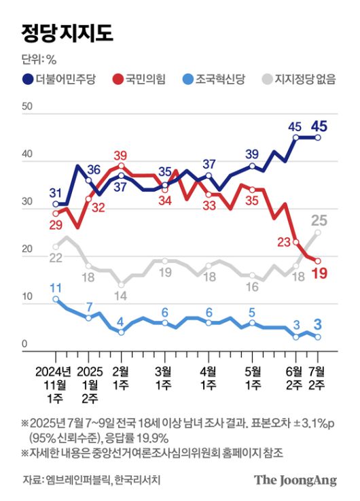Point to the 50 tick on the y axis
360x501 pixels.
27,107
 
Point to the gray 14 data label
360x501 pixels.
121,296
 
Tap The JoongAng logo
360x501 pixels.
295,480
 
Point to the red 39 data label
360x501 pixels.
122,155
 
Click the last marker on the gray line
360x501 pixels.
318,232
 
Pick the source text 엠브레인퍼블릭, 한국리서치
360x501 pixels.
104,481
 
